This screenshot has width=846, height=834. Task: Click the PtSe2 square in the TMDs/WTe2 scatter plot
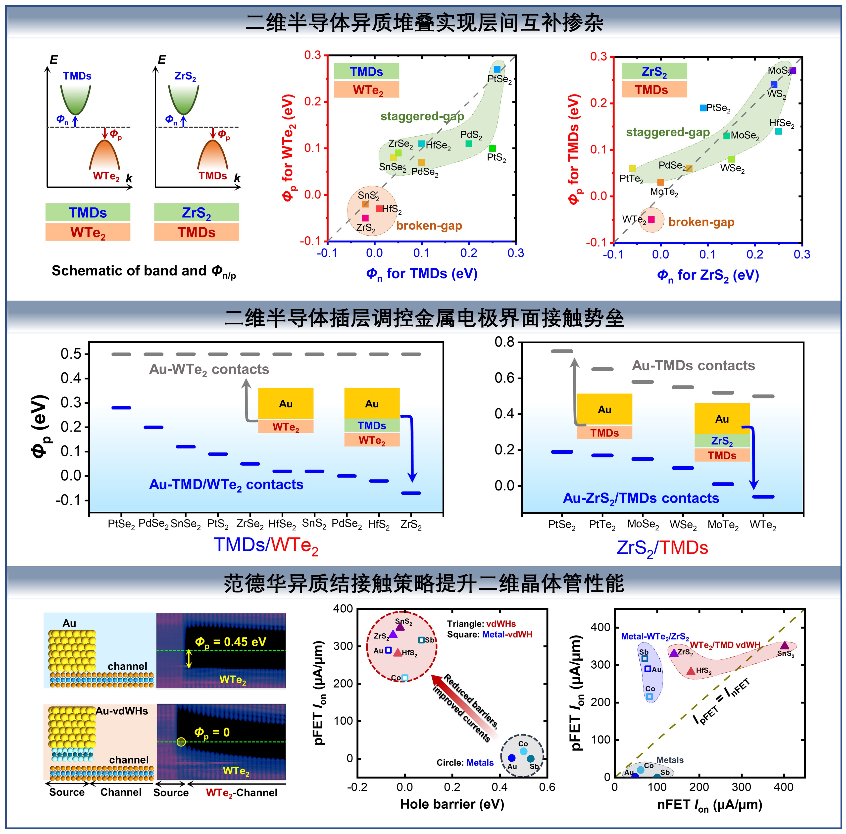point(497,69)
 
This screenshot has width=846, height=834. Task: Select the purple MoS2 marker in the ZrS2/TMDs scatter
point(793,70)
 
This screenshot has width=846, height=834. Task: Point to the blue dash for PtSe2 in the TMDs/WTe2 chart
point(121,408)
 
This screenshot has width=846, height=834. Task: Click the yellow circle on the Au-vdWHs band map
point(181,742)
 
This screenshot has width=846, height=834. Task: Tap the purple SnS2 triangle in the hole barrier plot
point(400,627)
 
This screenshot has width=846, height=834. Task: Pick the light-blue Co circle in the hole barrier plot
point(523,751)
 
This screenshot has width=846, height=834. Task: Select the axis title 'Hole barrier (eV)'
point(452,804)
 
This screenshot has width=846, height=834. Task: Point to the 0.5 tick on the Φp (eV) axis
point(71,354)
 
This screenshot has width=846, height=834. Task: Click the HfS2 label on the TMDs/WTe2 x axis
point(379,524)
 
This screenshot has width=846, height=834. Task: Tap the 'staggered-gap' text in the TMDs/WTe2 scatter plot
point(422,116)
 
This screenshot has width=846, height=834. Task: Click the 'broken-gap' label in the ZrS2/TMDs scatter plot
point(701,222)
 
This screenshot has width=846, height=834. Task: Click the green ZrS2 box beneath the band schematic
point(196,212)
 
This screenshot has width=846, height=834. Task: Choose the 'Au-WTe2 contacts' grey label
point(209,370)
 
